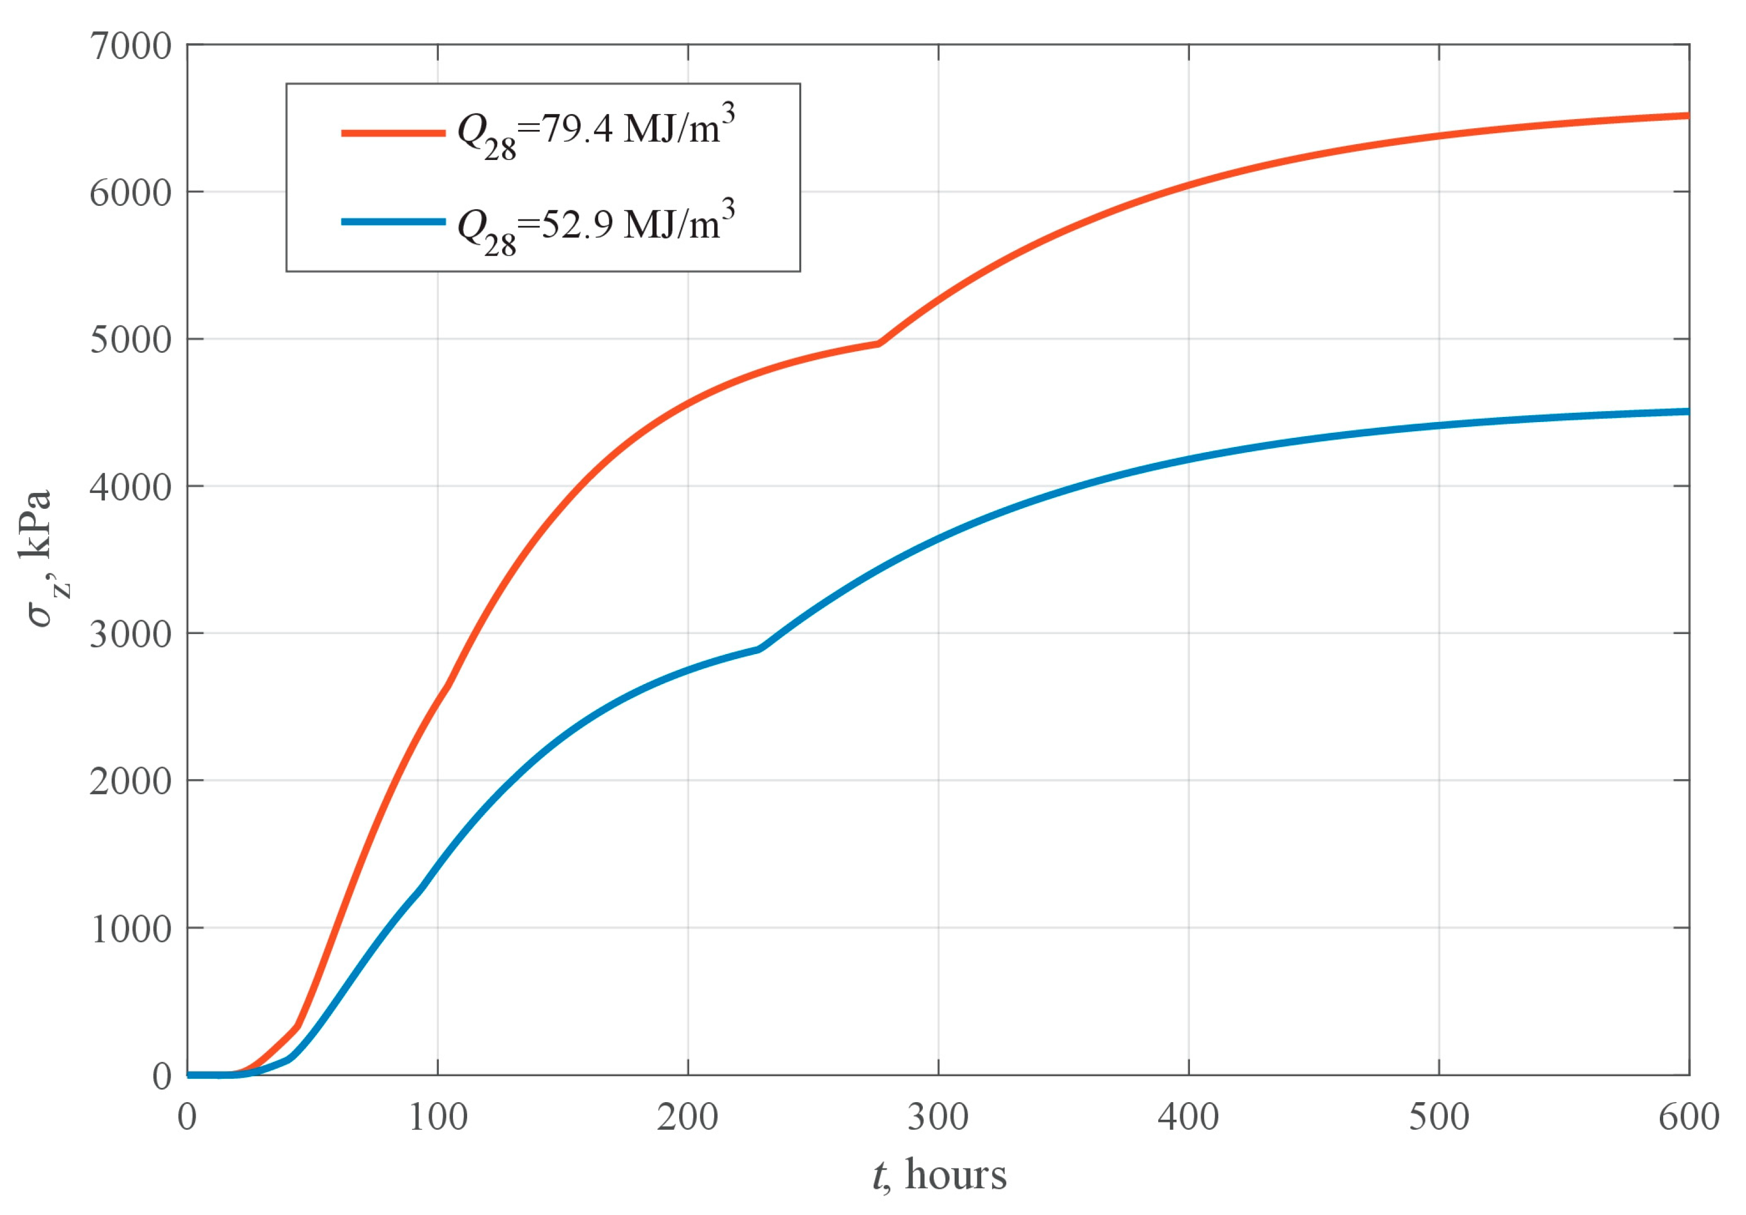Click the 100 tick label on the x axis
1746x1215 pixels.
click(x=437, y=1117)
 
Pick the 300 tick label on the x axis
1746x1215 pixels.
click(x=938, y=1117)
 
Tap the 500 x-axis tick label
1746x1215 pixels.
click(x=1438, y=1117)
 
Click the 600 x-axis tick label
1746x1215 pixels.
click(x=1688, y=1117)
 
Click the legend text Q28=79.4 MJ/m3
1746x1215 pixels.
click(x=595, y=132)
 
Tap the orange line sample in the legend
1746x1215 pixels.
click(x=393, y=133)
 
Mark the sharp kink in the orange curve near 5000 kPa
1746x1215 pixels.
click(x=879, y=344)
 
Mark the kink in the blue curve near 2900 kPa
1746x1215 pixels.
click(x=759, y=649)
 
